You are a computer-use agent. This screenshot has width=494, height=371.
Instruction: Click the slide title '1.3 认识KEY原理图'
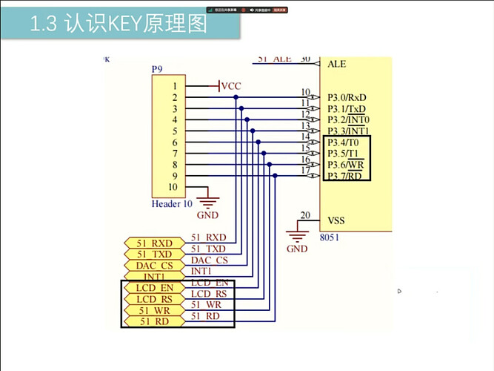point(119,24)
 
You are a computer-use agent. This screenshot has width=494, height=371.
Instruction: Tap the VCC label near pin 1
point(231,86)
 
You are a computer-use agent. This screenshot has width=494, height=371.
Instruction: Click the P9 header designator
point(157,69)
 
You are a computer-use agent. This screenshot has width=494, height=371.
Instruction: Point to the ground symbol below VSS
point(297,235)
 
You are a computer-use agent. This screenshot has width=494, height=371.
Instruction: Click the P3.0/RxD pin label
point(347,97)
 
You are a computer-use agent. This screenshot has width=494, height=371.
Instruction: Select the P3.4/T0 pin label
point(343,142)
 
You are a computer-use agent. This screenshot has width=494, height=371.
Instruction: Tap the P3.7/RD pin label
point(344,176)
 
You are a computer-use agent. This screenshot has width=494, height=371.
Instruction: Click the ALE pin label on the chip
point(336,64)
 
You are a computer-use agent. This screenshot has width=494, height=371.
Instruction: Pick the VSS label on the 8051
point(336,220)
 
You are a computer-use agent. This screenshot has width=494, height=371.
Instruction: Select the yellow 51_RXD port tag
point(153,243)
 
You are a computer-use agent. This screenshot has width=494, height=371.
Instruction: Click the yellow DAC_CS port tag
point(153,266)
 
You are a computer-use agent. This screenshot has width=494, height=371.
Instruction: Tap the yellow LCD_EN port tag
point(153,288)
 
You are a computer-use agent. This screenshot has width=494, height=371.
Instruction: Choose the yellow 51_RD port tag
point(153,321)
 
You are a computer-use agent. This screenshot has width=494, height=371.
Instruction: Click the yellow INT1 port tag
point(153,277)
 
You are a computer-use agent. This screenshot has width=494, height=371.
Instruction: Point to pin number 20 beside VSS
point(305,216)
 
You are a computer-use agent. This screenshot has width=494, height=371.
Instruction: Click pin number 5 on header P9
point(174,131)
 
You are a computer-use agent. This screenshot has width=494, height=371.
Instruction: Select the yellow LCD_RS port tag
point(153,299)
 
